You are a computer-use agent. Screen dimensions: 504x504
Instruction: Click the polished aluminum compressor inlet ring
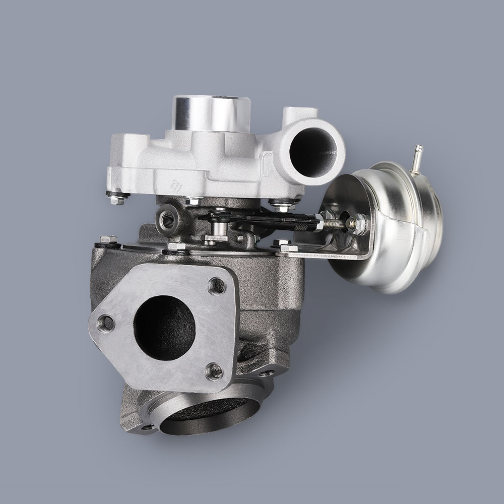tap(211, 113)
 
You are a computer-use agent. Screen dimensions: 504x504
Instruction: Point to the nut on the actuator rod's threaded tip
tap(359, 222)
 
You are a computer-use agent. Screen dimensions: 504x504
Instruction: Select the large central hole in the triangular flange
tap(164, 328)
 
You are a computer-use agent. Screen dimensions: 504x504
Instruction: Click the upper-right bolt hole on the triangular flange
tap(217, 286)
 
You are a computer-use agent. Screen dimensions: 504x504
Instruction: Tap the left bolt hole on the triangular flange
tap(106, 323)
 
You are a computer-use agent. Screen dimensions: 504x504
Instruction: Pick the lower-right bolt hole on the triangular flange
tap(214, 371)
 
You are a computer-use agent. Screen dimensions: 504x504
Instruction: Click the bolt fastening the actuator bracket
tap(285, 247)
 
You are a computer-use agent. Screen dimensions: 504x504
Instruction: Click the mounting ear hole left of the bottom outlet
tap(148, 427)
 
